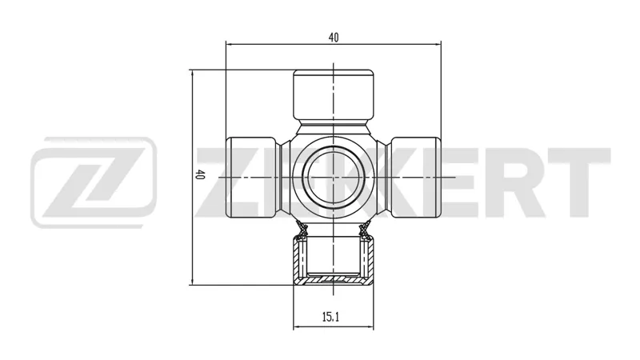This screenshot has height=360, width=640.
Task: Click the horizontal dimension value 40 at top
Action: [x=334, y=38]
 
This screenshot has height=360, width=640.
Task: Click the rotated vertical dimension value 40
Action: [x=199, y=174]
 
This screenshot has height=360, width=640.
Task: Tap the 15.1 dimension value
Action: [x=330, y=317]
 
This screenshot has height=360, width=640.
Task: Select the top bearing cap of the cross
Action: [x=334, y=94]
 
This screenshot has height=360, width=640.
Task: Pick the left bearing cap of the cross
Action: [x=251, y=178]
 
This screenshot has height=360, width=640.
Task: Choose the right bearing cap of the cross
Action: [x=416, y=178]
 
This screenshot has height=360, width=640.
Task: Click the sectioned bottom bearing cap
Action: [x=334, y=261]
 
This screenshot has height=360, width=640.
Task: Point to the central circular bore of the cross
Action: [x=334, y=178]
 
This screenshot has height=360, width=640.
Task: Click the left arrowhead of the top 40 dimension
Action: [x=230, y=44]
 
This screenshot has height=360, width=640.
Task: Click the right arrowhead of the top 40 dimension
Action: [x=438, y=44]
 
